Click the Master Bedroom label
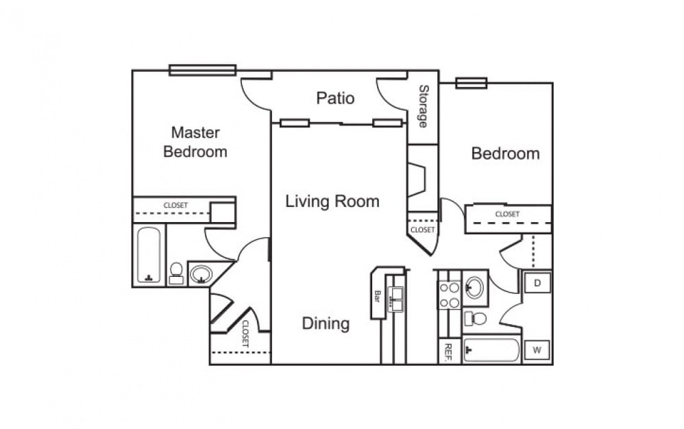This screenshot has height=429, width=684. pos(195,142)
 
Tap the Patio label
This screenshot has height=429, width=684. pos(335,98)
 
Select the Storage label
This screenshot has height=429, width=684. pos(424,106)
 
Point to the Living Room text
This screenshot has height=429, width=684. pos(332,201)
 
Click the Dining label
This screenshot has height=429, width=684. pos(326,323)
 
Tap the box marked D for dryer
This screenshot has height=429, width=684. pos(537,282)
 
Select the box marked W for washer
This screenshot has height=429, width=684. pos(537,351)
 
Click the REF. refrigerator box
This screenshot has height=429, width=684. pos(450,352)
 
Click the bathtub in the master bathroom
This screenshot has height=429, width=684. pos(149,255)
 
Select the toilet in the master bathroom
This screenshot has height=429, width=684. pos(176,273)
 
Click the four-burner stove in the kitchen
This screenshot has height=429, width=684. pos(448,295)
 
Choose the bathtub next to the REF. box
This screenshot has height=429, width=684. pos(491,350)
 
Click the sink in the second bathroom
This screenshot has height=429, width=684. pos(474,286)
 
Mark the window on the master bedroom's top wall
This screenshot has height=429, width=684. pos(202,70)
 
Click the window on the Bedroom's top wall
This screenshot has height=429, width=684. pos(471,83)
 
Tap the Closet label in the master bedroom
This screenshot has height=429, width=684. pos(175,205)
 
